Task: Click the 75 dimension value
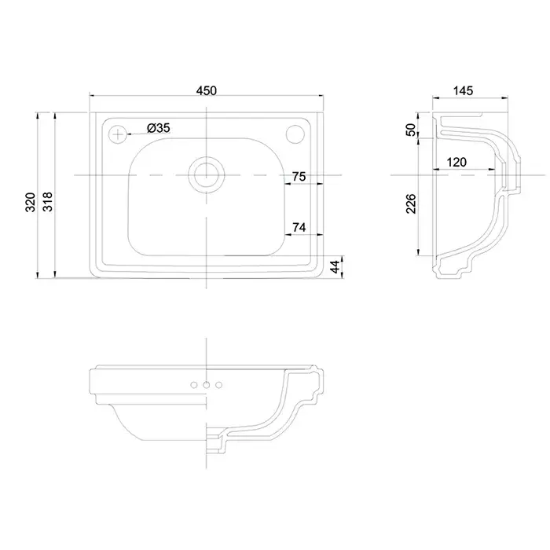pyautogui.click(x=299, y=178)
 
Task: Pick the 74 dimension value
pyautogui.click(x=299, y=228)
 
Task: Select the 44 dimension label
pyautogui.click(x=336, y=266)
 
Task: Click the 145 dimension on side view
pyautogui.click(x=463, y=91)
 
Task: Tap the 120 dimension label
pyautogui.click(x=457, y=163)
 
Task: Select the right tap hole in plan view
pyautogui.click(x=297, y=134)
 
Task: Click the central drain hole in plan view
pyautogui.click(x=207, y=172)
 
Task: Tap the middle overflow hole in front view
pyautogui.click(x=206, y=385)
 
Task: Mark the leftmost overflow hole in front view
pyautogui.click(x=192, y=385)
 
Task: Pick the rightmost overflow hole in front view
pyautogui.click(x=219, y=385)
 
